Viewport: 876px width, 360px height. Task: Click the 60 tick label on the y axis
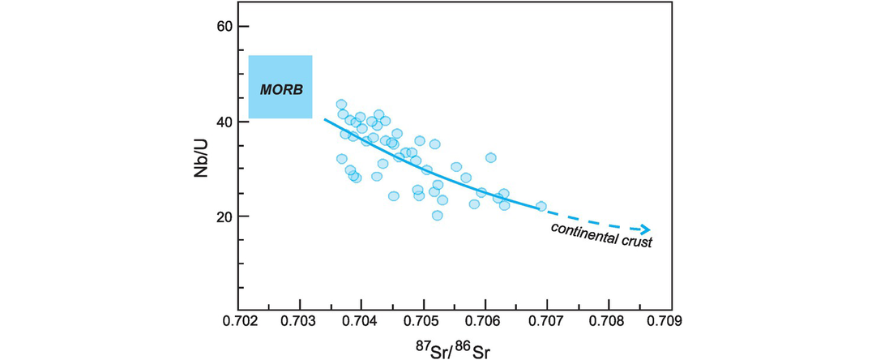(x=224, y=27)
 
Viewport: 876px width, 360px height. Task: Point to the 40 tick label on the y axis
(x=224, y=122)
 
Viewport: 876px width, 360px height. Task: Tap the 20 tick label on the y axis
(x=224, y=216)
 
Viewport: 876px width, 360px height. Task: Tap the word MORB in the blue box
(x=280, y=88)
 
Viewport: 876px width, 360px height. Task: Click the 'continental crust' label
(x=602, y=234)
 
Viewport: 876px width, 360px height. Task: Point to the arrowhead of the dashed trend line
(x=645, y=229)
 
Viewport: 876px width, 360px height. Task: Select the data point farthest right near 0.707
(x=541, y=206)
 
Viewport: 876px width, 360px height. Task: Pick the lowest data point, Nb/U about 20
(x=438, y=216)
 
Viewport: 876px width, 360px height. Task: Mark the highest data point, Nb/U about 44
(x=341, y=105)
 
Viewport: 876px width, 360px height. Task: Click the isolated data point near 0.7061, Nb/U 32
(x=491, y=157)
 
